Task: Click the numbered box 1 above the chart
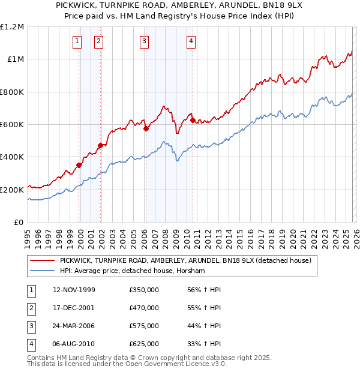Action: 77,41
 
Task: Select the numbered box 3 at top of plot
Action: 145,41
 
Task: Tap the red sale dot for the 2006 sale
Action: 146,128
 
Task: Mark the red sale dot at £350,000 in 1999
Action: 79,165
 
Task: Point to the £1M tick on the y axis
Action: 16,59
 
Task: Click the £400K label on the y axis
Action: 12,157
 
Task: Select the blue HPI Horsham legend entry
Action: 132,271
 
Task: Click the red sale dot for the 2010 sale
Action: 193,120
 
